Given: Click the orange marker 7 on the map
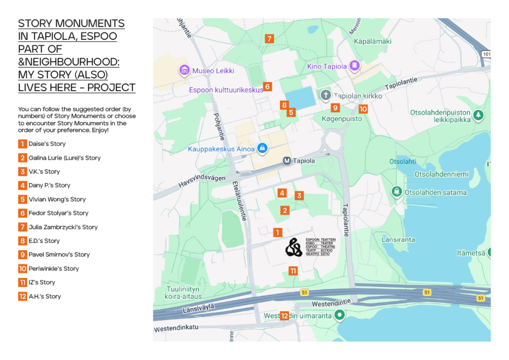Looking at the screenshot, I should click(269, 39).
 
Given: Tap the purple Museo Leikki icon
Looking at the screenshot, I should click(184, 70).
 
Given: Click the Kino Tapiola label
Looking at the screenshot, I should click(327, 66).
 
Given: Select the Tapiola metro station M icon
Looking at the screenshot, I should click(286, 161).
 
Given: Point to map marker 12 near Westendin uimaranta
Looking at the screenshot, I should click(284, 316).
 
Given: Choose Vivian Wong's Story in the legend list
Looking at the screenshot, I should click(57, 199).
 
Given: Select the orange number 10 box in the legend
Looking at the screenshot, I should click(22, 269).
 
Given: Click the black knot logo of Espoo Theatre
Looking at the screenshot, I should click(294, 247).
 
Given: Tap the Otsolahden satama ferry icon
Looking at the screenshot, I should click(397, 192).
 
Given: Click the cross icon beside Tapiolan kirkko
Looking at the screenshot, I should click(325, 95).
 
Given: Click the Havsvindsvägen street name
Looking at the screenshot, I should click(202, 180).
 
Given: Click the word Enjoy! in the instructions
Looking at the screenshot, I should click(100, 130).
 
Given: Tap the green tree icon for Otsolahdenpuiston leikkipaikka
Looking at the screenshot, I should click(478, 115).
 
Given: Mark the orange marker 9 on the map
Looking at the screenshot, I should click(335, 108).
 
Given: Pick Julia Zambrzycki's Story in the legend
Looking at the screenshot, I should click(63, 227).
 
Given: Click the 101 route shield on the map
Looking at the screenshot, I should click(486, 54).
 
